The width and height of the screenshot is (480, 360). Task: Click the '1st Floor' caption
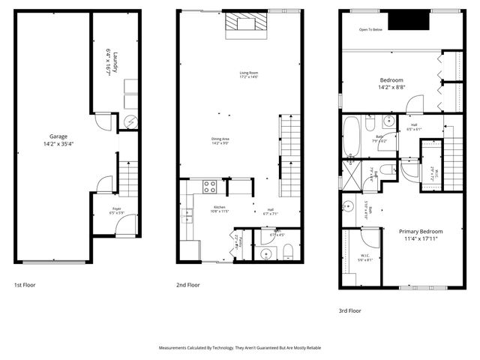pos(25,285)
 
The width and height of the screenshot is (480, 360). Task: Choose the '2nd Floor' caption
pos(188,285)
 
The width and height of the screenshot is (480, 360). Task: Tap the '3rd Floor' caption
pos(349,310)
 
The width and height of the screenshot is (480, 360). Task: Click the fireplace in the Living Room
pos(247,25)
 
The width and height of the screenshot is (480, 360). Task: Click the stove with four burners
pos(208,187)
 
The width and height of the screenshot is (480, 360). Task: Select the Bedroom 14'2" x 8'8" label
pos(391,83)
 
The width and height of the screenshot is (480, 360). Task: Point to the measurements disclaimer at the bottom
pos(240,348)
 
